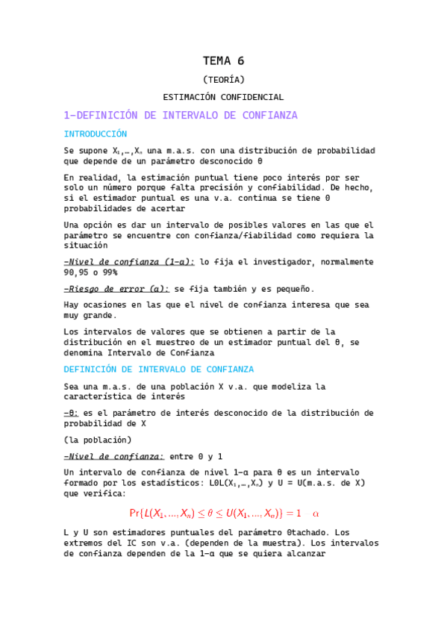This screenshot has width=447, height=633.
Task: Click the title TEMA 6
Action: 224,61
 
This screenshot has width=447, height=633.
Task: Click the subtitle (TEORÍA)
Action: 224,80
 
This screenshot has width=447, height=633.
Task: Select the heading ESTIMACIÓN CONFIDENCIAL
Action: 224,97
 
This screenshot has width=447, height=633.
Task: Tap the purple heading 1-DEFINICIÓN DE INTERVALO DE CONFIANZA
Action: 181,116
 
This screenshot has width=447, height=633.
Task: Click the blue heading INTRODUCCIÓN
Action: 96,134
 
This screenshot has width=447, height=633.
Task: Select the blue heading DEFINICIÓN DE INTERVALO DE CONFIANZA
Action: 159,369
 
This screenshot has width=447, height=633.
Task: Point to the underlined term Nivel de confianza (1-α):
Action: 130,262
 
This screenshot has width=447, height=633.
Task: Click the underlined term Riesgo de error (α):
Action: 116,289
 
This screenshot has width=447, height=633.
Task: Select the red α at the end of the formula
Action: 315,514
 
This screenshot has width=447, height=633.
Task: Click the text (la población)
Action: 98,440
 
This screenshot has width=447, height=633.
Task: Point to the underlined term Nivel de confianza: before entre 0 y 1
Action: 114,456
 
